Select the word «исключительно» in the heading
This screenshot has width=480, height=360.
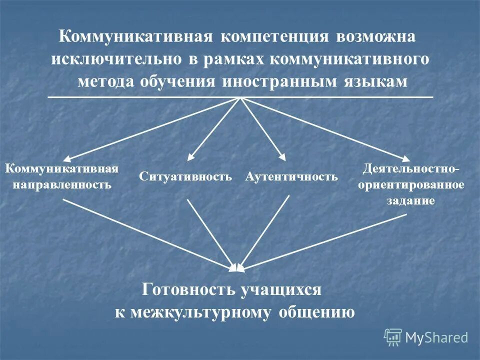point(116,59)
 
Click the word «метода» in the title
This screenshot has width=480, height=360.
point(105,82)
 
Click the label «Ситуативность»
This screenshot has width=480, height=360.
point(186,176)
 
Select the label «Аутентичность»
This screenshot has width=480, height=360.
point(291,176)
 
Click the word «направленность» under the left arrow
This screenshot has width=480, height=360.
point(61,184)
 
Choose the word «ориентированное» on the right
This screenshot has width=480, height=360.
point(411,184)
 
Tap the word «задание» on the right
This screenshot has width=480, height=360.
point(410,200)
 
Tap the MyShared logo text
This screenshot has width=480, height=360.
point(436,337)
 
